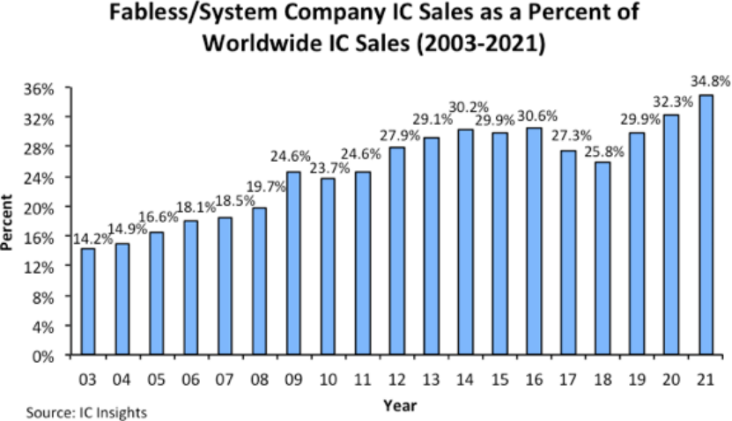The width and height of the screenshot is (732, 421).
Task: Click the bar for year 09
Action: [x=293, y=263]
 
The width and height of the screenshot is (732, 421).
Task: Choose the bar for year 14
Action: [x=465, y=242]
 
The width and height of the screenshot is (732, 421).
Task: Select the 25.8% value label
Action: [x=607, y=150]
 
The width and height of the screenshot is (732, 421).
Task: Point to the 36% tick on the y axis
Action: [x=41, y=88]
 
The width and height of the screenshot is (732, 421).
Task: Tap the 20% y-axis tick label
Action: [x=41, y=207]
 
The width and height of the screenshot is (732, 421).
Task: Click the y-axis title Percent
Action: [x=11, y=223]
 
